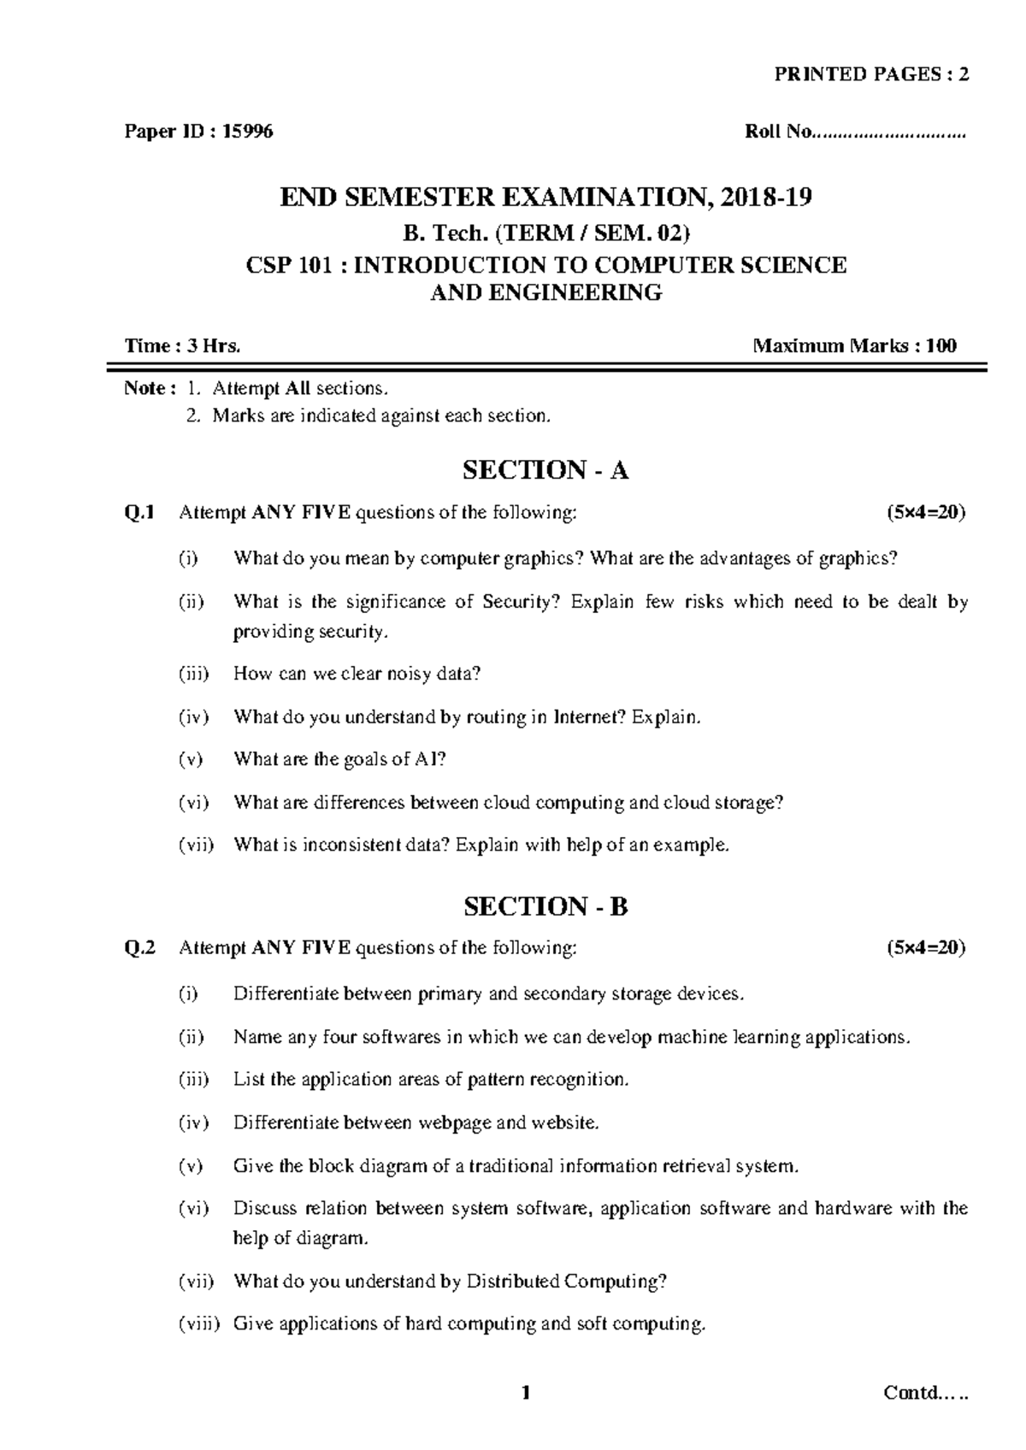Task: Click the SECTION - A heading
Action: click(x=545, y=470)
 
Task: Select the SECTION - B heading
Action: click(x=545, y=906)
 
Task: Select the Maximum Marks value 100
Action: click(x=940, y=346)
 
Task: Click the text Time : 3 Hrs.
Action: click(x=183, y=346)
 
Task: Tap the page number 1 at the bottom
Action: click(x=526, y=1394)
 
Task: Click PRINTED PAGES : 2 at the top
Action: click(x=871, y=74)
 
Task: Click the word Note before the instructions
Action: click(x=144, y=389)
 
